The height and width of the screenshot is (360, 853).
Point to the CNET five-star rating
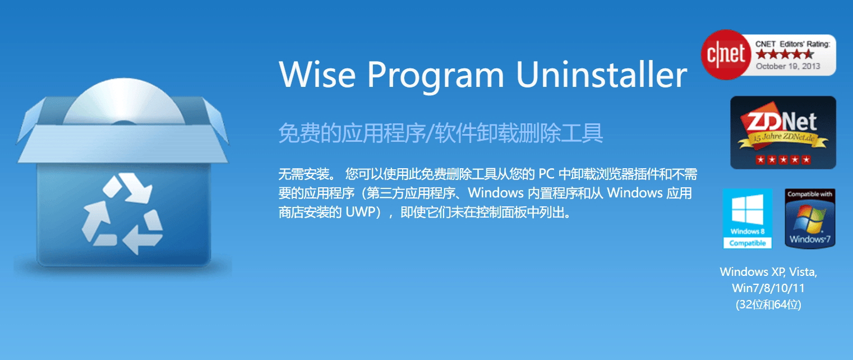(785, 54)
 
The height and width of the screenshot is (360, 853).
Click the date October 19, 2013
(788, 66)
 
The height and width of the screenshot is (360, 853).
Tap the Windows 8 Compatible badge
(748, 219)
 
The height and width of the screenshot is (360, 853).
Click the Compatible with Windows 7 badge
(810, 219)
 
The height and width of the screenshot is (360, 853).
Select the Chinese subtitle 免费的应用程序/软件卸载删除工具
(441, 133)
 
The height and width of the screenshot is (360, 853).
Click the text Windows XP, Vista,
(768, 272)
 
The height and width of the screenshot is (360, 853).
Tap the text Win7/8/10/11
(768, 288)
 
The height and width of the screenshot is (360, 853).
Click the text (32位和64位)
(768, 304)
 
